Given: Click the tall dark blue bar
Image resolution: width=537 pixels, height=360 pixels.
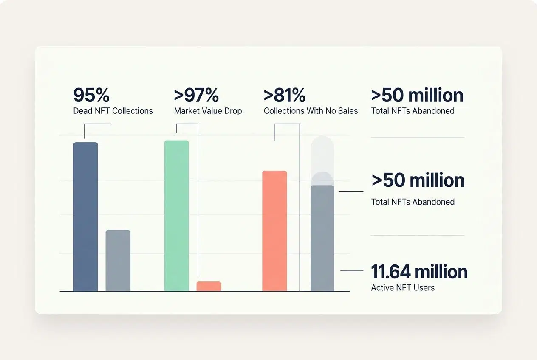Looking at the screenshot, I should pyautogui.click(x=85, y=217).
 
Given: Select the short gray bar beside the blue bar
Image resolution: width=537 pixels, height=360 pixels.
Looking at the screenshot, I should pyautogui.click(x=118, y=260).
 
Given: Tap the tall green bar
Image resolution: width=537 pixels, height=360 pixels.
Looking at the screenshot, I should pyautogui.click(x=176, y=216).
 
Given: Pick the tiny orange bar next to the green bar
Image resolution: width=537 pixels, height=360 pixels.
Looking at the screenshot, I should pyautogui.click(x=209, y=286).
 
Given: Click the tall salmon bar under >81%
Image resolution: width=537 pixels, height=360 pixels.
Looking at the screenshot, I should pyautogui.click(x=274, y=231).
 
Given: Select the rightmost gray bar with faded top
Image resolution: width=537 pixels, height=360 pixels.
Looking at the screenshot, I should pyautogui.click(x=322, y=238).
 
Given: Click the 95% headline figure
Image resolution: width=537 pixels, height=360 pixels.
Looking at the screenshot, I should pyautogui.click(x=91, y=95).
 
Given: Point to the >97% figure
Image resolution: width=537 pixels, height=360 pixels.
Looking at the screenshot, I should pyautogui.click(x=196, y=95).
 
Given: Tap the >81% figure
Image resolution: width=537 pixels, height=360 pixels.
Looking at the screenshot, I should pyautogui.click(x=284, y=95).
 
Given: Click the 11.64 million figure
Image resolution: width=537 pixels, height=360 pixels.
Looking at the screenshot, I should pyautogui.click(x=419, y=272).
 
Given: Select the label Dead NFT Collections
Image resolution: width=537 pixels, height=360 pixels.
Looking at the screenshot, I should pyautogui.click(x=113, y=111).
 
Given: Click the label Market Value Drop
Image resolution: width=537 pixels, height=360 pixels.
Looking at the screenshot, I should pyautogui.click(x=208, y=111).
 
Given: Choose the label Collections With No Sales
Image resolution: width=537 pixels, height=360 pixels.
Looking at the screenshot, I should pyautogui.click(x=311, y=111).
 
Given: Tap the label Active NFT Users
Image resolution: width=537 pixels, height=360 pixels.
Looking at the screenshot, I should pyautogui.click(x=403, y=288).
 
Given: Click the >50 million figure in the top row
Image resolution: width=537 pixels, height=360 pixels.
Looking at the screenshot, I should pyautogui.click(x=417, y=95).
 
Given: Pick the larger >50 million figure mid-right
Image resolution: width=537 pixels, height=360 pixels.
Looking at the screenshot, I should pyautogui.click(x=418, y=180).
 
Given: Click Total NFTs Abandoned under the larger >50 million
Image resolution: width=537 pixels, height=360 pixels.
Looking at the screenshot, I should pyautogui.click(x=413, y=202).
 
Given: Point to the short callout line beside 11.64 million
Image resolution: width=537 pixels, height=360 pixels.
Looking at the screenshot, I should pyautogui.click(x=352, y=270).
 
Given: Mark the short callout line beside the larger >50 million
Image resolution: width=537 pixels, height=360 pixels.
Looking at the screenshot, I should pyautogui.click(x=351, y=191).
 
